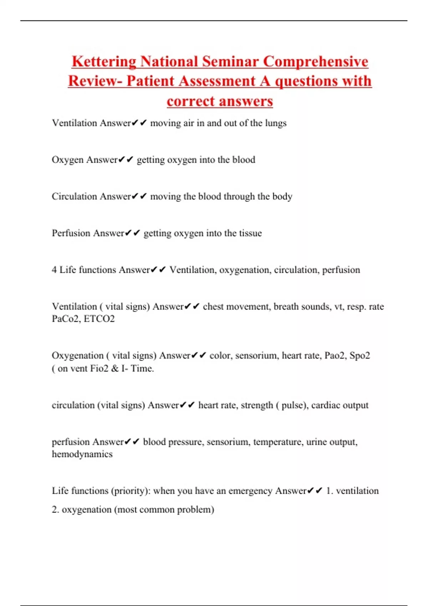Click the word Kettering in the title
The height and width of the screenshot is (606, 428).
pos(104,62)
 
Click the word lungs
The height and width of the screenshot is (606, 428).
pos(276,123)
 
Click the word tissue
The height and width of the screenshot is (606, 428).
pos(250,233)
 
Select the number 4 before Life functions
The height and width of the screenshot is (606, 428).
pos(54,270)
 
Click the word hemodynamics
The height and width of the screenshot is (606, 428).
pos(82,454)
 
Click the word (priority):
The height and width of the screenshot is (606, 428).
pos(131,491)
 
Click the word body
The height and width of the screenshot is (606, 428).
pos(282,196)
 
